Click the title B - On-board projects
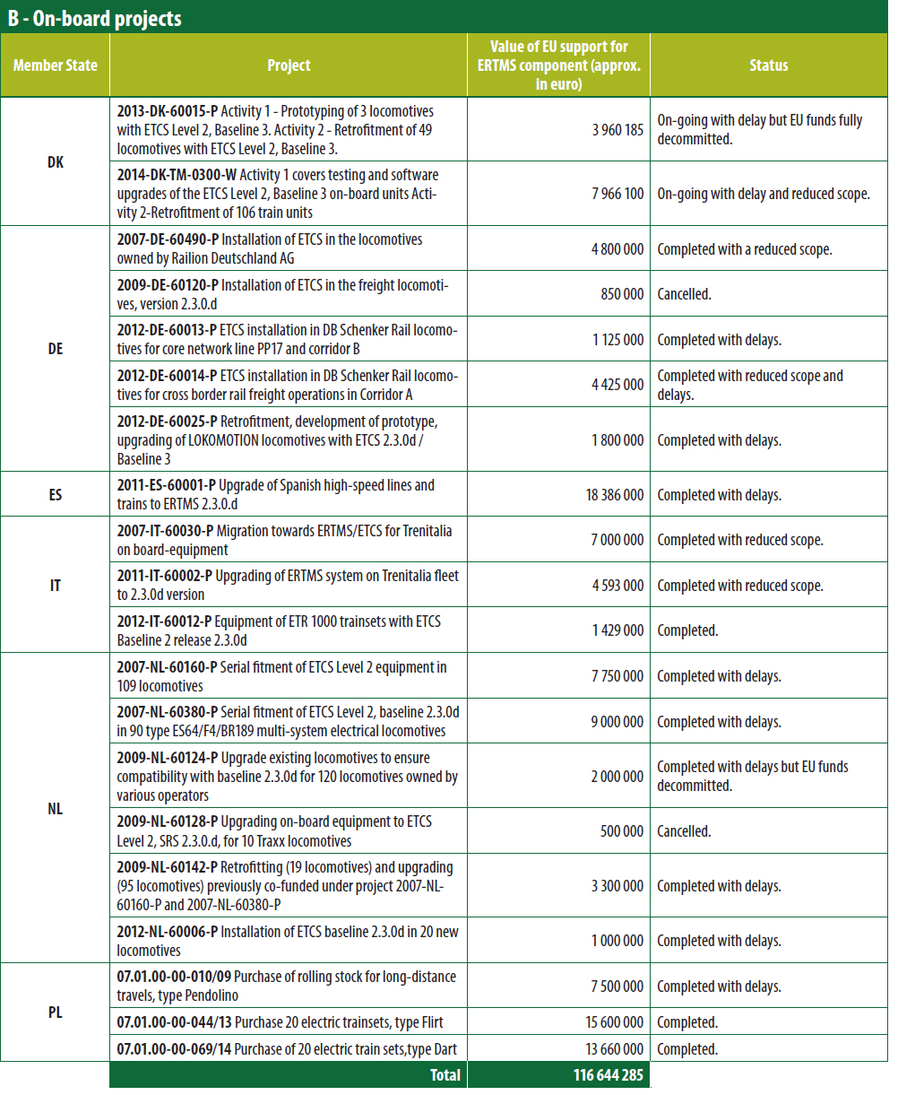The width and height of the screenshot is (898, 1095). tap(95, 18)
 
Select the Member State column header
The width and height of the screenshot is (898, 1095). tap(56, 65)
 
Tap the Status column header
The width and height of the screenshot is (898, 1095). tap(768, 65)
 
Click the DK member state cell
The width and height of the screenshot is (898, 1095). tap(56, 163)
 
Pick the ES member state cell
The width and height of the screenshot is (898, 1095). tap(56, 494)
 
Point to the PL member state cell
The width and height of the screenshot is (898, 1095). tap(56, 1013)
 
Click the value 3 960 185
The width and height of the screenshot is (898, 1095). tap(617, 129)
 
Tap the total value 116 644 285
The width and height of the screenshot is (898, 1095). tap(608, 1075)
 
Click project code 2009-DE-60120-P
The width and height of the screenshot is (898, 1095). tap(168, 285)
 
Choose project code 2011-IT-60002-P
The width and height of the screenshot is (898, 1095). tap(166, 576)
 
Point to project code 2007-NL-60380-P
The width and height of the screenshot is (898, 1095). tap(168, 712)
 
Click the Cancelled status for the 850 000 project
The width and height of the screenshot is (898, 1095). tap(684, 294)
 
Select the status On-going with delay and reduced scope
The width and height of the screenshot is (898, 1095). tap(764, 194)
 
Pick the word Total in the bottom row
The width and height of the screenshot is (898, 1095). tap(445, 1075)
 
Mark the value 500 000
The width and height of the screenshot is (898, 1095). tap(621, 831)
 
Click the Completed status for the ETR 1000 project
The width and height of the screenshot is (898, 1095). tap(687, 630)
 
